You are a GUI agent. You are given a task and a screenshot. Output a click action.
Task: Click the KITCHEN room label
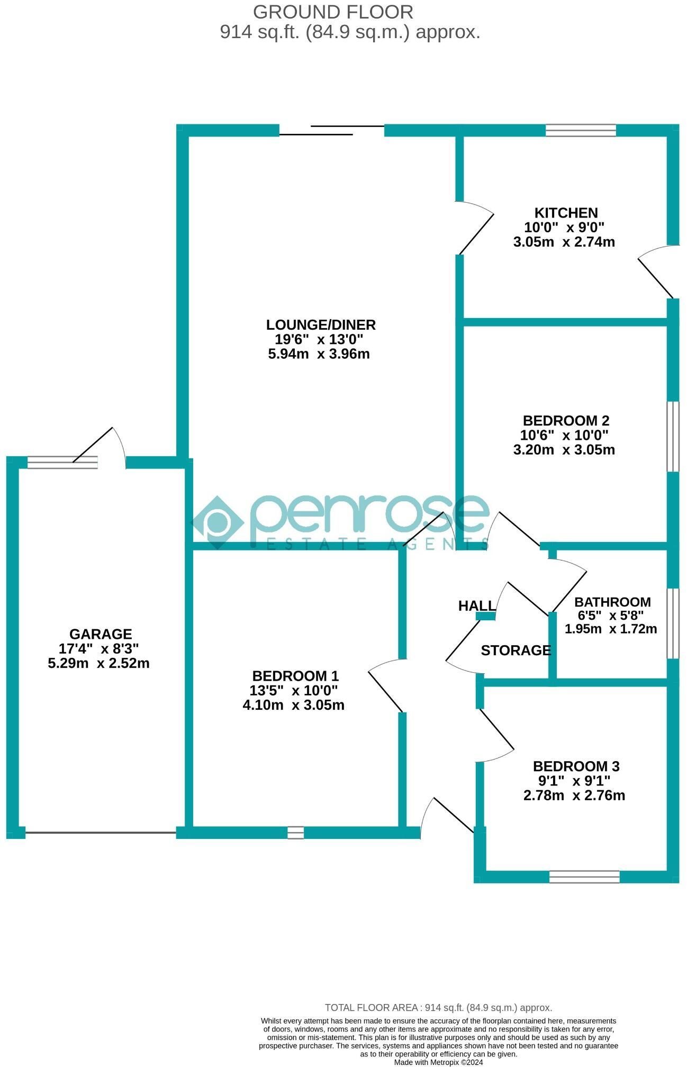pos(566,213)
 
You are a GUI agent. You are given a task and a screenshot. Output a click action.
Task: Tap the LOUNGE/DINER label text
pos(321,324)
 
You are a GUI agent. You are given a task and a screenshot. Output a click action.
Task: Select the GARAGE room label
pos(101,634)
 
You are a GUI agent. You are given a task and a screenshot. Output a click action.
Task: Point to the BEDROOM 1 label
pos(295,675)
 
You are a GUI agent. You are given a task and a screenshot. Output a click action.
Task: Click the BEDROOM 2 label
pos(566,420)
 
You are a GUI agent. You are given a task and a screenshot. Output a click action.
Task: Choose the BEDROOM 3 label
pos(576,766)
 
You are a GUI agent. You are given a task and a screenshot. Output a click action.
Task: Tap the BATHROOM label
pos(612,602)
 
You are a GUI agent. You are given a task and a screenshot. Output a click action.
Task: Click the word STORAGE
pos(516,650)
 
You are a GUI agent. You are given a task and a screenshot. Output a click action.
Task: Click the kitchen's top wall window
pos(581,130)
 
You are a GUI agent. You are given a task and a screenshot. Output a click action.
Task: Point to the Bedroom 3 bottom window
pos(584,876)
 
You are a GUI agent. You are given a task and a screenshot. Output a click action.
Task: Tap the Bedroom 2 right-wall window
pos(673,436)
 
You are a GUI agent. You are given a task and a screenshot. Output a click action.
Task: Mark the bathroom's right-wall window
pos(673,623)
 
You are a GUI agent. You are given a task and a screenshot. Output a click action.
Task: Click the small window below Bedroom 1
pos(296,833)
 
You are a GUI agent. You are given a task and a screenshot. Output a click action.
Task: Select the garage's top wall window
pos(62,462)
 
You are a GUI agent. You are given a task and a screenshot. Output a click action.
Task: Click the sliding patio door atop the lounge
pos(332,130)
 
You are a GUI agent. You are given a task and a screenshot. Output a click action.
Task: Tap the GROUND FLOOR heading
pos(333,12)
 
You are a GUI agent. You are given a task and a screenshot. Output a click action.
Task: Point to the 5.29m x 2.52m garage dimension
pos(99,663)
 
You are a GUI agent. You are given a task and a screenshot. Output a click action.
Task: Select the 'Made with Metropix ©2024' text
pos(438,1062)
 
